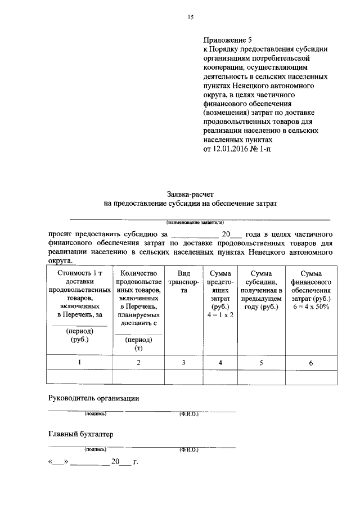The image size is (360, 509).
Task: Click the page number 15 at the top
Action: click(x=191, y=17)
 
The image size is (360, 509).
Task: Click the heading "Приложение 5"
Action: click(x=228, y=40)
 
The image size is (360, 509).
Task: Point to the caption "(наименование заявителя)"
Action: click(x=191, y=222)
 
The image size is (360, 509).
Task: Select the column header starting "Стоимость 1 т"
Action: click(x=79, y=273)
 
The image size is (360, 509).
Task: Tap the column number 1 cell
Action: click(x=79, y=363)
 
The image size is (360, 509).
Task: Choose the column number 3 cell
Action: click(x=183, y=363)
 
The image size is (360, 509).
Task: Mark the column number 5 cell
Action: click(x=261, y=363)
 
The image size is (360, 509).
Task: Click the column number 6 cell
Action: click(x=311, y=363)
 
